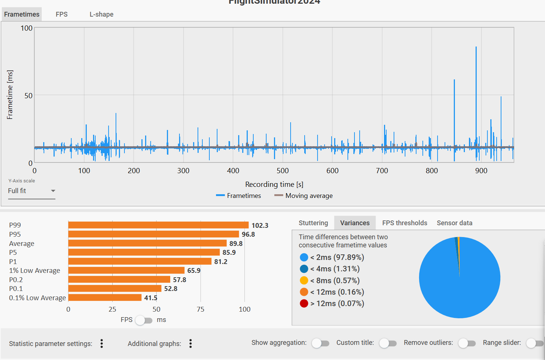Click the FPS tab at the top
click(62, 14)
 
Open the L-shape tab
click(102, 14)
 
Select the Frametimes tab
click(22, 14)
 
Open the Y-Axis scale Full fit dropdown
click(32, 191)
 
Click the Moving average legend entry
click(304, 196)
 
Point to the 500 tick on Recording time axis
click(283, 171)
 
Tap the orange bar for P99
click(158, 225)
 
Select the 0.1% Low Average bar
click(105, 298)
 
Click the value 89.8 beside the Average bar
click(236, 243)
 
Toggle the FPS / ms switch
click(144, 320)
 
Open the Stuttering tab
click(313, 223)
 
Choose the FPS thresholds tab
click(405, 223)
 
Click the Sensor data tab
click(455, 223)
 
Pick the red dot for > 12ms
click(304, 304)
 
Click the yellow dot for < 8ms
click(304, 281)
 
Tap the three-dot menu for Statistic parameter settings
click(102, 344)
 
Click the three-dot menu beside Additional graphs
click(191, 344)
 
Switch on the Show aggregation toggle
click(320, 343)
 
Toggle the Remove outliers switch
click(467, 343)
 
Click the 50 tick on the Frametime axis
click(28, 96)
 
